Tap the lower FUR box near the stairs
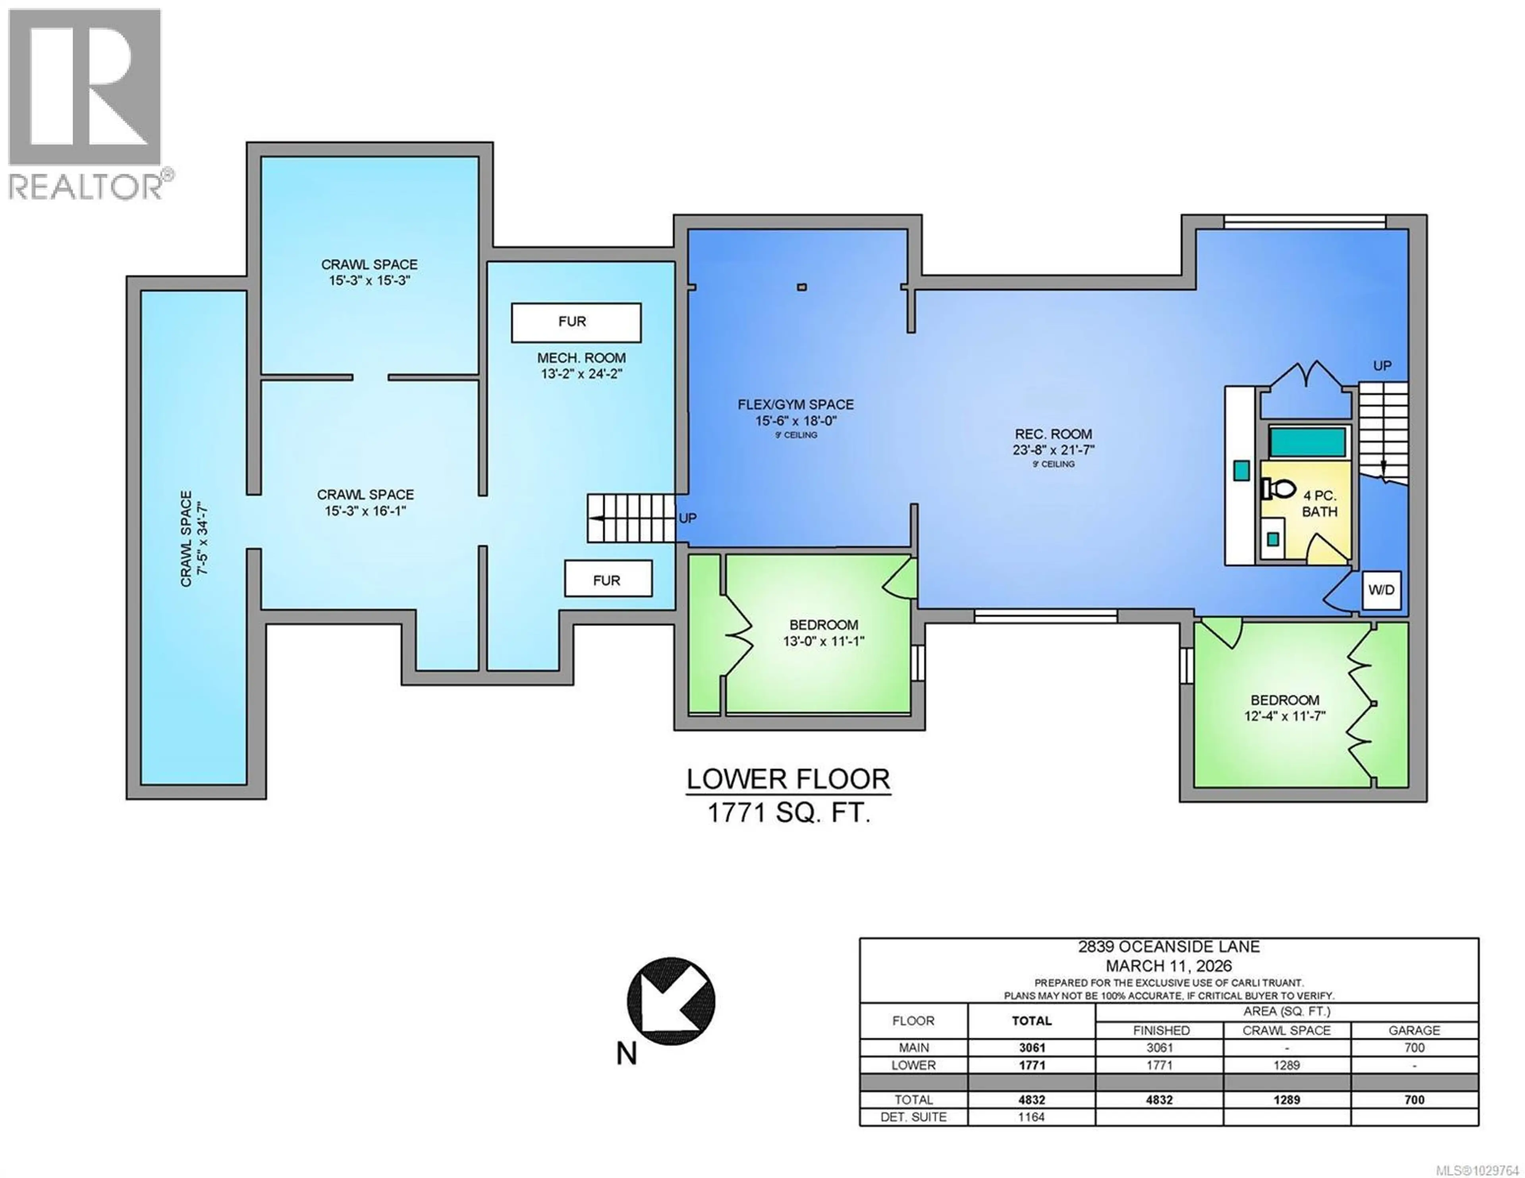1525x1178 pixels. pos(608,579)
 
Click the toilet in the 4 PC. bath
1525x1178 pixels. pos(1277,489)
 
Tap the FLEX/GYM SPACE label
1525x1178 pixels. pos(795,404)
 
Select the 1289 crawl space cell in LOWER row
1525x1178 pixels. pos(1286,1065)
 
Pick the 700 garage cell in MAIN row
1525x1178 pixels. pos(1414,1047)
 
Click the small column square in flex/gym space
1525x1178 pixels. pos(801,287)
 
